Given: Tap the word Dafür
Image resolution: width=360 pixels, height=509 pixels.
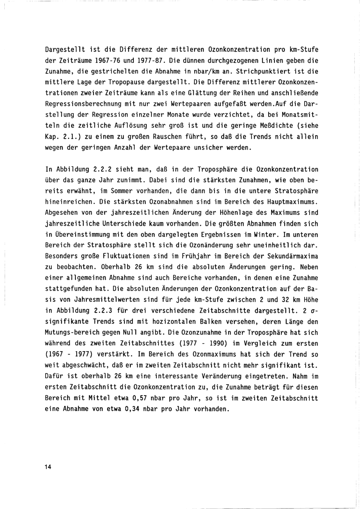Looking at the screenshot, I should tap(56, 377).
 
